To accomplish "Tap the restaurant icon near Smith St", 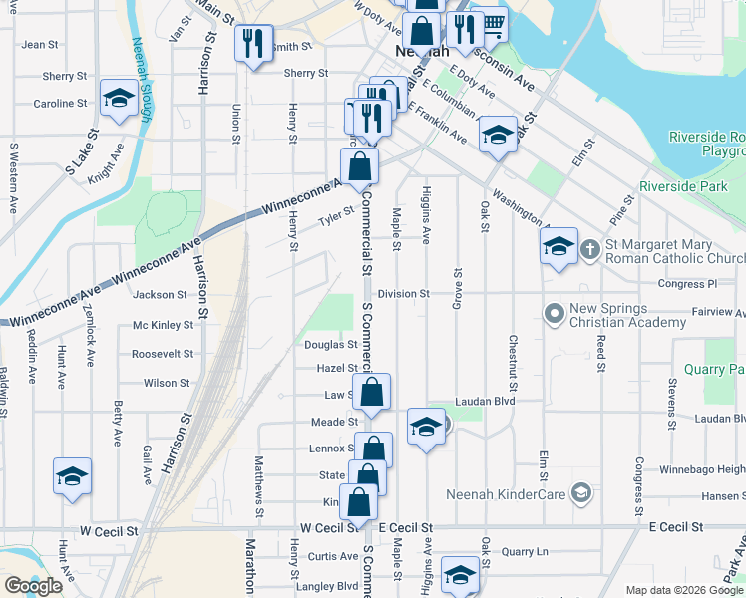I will [x=253, y=43].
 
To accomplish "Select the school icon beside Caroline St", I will [x=119, y=99].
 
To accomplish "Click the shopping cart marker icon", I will [x=489, y=22].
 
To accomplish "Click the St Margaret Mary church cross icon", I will [x=589, y=247].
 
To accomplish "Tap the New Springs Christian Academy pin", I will [x=555, y=314].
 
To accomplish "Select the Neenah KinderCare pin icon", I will [x=581, y=493].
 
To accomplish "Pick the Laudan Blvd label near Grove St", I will [x=484, y=401].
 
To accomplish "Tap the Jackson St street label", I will [x=161, y=295].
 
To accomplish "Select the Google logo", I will [x=33, y=586].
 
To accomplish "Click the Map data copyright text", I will [x=682, y=590].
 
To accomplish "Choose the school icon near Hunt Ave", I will [x=72, y=477].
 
